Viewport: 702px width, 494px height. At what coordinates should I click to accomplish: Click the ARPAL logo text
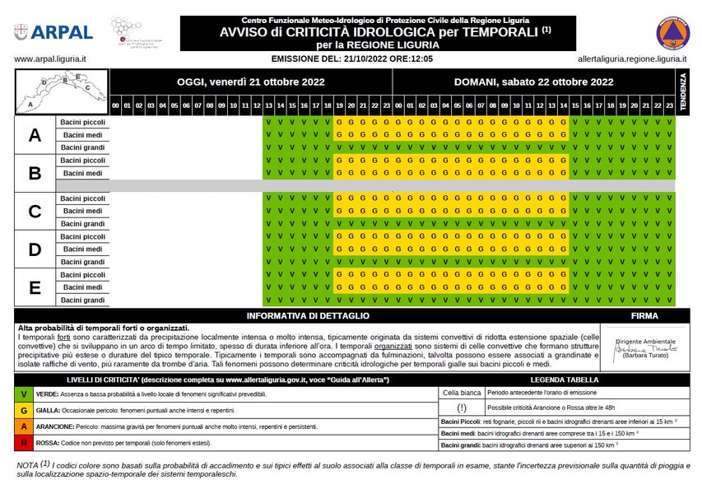click(x=63, y=32)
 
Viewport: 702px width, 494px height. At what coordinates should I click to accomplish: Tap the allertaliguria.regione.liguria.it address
click(x=634, y=59)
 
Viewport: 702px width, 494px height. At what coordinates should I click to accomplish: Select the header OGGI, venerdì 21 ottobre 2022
click(x=251, y=82)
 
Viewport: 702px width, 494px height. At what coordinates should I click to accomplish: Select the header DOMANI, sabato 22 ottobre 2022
click(x=533, y=82)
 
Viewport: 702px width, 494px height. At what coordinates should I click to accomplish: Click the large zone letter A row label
click(x=35, y=135)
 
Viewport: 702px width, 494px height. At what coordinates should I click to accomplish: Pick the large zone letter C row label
click(x=35, y=212)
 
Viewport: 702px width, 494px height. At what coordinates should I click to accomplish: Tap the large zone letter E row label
click(x=35, y=287)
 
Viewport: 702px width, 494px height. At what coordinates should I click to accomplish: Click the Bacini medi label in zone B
click(x=82, y=174)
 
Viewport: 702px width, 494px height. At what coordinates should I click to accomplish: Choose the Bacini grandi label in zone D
click(x=82, y=262)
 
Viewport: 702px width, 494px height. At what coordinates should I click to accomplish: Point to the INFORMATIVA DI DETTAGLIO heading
click(x=309, y=316)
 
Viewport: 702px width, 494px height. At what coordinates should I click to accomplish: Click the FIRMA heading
click(x=644, y=316)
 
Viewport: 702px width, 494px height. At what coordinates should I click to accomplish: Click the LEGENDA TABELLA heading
click(x=565, y=380)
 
